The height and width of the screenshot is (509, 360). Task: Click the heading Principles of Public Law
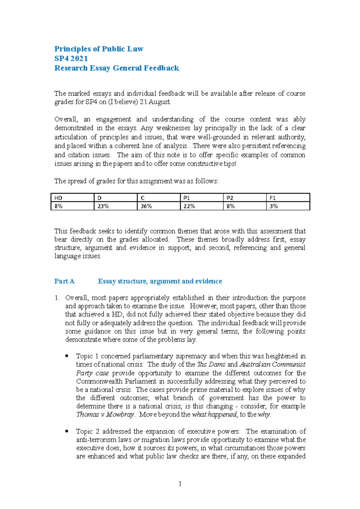click(x=99, y=49)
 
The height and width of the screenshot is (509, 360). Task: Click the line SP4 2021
click(x=71, y=58)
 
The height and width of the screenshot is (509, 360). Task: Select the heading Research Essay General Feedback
click(x=116, y=68)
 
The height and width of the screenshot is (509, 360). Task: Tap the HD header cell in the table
click(x=72, y=198)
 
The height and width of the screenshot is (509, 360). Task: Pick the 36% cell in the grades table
click(x=158, y=206)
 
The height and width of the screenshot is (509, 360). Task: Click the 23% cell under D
click(x=115, y=206)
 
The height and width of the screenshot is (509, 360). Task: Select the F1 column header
click(x=288, y=198)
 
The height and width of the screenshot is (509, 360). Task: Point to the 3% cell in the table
click(x=288, y=206)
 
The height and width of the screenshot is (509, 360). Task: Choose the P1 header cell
click(x=202, y=198)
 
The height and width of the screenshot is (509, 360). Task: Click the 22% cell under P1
click(x=202, y=206)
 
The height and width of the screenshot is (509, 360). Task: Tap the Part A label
click(x=64, y=281)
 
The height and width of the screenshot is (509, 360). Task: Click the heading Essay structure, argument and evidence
click(x=160, y=281)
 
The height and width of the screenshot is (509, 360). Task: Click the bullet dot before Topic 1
click(x=67, y=356)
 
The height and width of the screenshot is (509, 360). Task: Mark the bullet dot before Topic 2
click(x=67, y=431)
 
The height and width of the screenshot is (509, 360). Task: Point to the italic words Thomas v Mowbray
click(x=105, y=415)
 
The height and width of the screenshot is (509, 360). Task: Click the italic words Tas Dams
click(x=211, y=365)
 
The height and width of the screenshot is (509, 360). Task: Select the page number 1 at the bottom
click(x=180, y=484)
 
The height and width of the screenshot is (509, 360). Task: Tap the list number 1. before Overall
click(x=57, y=298)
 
